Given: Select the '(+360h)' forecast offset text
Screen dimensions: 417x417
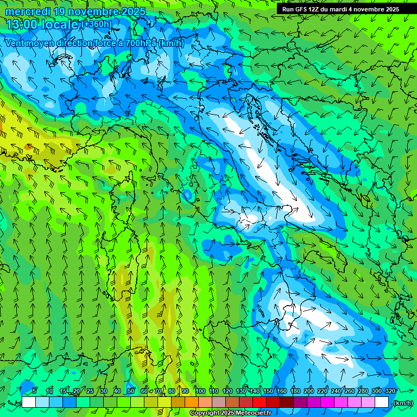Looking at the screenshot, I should (97, 24).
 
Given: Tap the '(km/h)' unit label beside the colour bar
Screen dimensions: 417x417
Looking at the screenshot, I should (402, 403).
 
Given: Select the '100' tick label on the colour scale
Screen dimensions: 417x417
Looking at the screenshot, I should (200, 391).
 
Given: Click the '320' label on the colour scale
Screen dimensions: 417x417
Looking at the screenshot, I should (390, 391).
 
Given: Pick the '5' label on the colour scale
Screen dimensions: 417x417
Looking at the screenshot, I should (34, 391).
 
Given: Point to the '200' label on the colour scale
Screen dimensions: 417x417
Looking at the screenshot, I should (309, 391).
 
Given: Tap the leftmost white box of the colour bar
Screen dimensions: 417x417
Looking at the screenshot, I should (29, 402).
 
